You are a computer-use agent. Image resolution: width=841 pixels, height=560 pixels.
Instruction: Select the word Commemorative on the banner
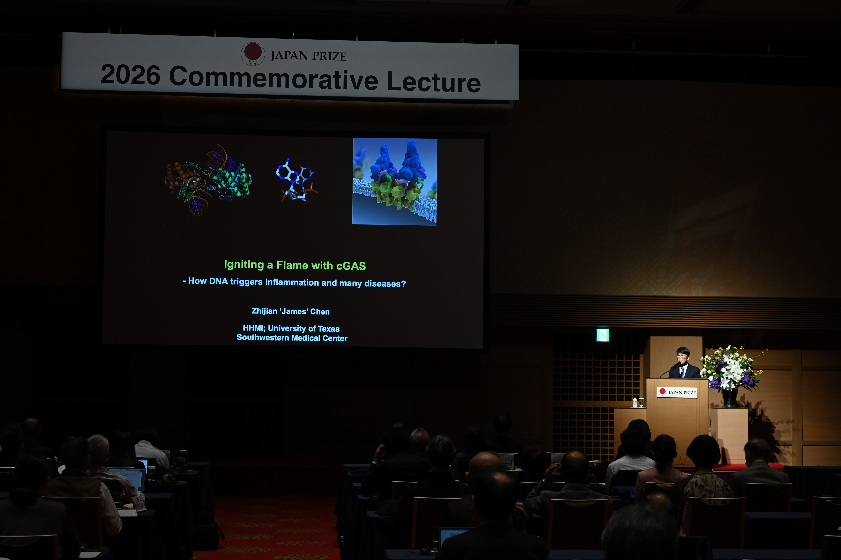pyautogui.click(x=274, y=78)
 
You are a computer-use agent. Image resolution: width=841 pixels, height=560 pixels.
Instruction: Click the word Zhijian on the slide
pyautogui.click(x=264, y=311)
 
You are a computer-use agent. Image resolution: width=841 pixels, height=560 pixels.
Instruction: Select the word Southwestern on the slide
pyautogui.click(x=263, y=337)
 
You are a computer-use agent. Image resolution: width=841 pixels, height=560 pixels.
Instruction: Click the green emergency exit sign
pyautogui.click(x=602, y=335)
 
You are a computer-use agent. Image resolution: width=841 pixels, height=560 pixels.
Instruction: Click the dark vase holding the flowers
pyautogui.click(x=730, y=397)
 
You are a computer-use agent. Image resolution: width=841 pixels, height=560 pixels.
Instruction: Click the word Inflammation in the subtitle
pyautogui.click(x=292, y=282)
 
